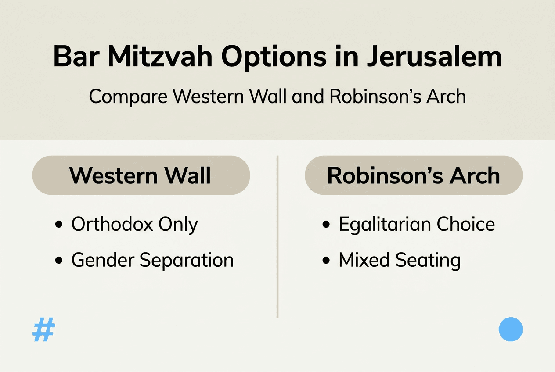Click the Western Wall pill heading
point(141,175)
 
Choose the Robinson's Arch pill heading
point(414,175)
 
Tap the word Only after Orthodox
point(178,225)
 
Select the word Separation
point(187,260)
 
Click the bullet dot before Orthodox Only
point(59,225)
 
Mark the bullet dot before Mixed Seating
point(326,261)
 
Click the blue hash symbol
point(43,330)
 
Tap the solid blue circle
point(511,329)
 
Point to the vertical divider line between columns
point(277,237)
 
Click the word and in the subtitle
point(309,97)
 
